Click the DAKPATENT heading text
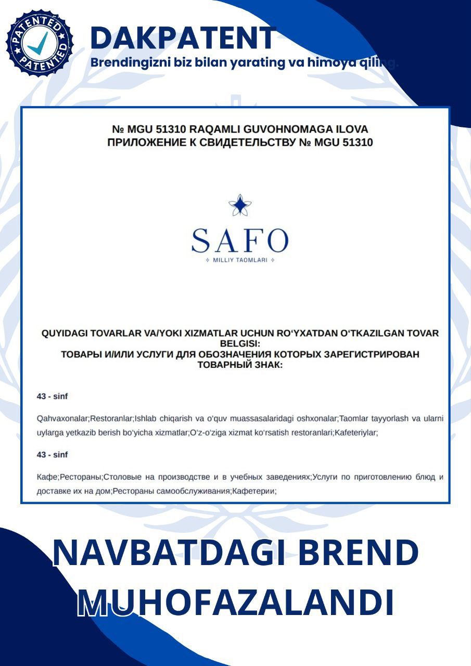[183, 38]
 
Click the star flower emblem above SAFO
[240, 205]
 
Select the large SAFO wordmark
[240, 240]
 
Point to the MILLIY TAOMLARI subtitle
[240, 260]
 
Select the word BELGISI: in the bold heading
[240, 343]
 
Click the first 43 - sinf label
[52, 396]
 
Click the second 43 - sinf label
[52, 455]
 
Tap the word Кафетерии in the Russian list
[253, 491]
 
